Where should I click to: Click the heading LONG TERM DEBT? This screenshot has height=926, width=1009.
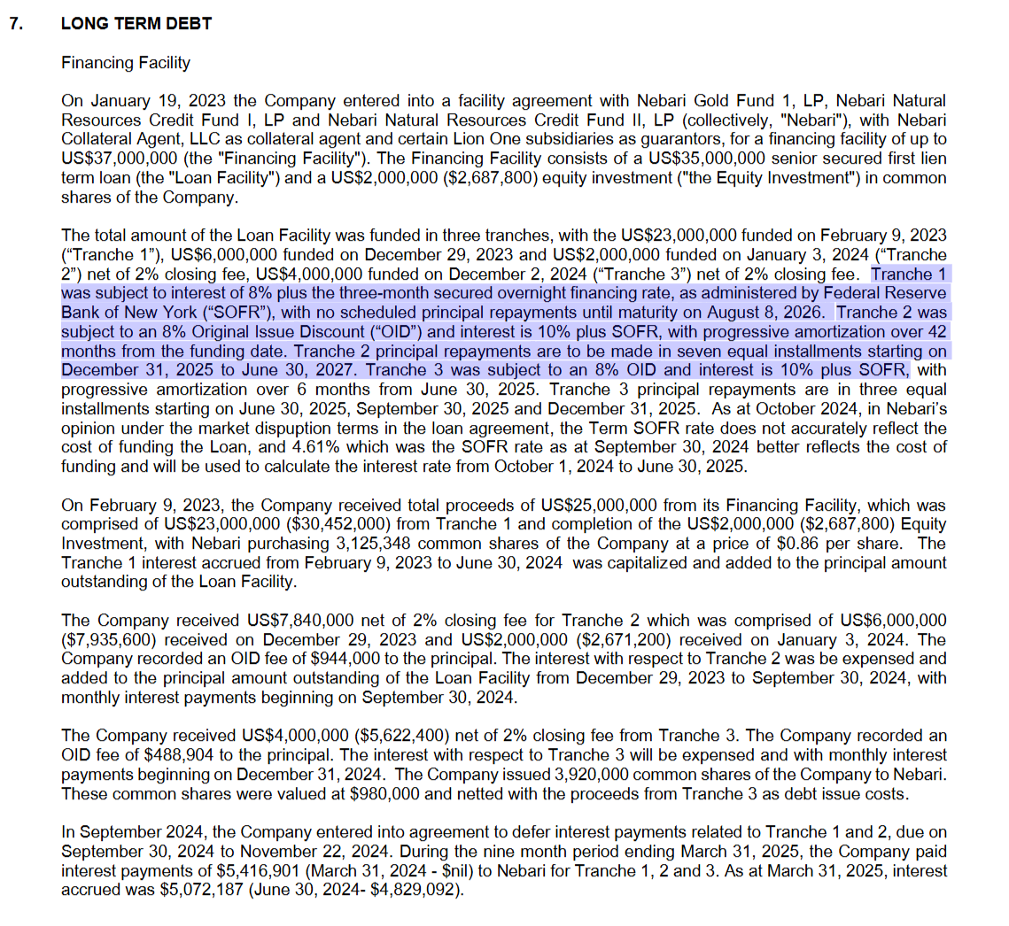coord(136,24)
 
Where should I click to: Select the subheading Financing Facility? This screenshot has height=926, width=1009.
coord(125,63)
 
